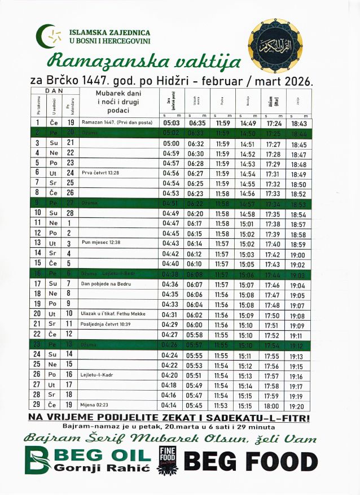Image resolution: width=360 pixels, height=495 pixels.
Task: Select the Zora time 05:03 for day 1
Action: tap(171, 122)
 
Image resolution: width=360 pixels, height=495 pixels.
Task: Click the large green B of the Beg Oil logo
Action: tap(38, 460)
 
